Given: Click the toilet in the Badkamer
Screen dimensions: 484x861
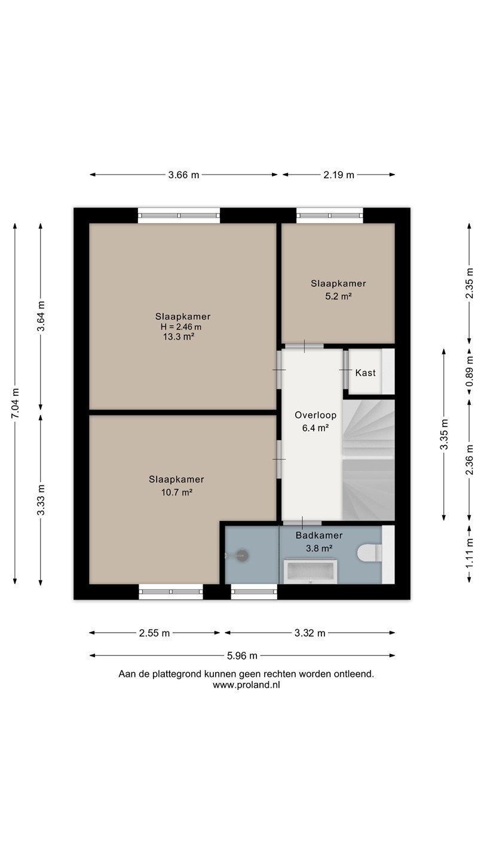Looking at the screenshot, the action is coord(369,553).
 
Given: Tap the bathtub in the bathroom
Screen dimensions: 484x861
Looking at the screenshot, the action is coord(310,572).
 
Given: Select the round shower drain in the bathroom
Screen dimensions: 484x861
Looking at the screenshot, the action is coord(242,555).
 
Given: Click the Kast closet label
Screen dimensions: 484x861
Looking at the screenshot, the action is coord(365,373).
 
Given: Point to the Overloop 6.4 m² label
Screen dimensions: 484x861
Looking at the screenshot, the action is coord(315,422).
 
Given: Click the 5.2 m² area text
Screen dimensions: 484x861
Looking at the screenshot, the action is coord(338,297).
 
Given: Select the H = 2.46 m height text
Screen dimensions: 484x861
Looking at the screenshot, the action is coord(181,326).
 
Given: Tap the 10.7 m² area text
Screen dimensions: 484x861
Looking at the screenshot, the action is coord(177,492).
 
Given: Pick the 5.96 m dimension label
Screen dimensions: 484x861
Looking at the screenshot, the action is coord(242,656).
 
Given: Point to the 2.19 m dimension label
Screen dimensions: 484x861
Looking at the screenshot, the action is coord(338,175).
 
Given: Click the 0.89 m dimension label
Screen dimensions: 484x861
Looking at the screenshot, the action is coord(469,372).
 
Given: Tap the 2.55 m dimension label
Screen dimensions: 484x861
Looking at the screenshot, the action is coord(154,633).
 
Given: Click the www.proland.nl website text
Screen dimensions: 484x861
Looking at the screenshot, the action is coord(246,685).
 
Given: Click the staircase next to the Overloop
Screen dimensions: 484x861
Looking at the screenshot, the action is coord(368,460).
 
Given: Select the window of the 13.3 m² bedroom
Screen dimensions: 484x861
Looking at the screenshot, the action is coord(179,215).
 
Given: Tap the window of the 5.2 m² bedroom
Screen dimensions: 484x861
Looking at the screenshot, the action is coord(330,215).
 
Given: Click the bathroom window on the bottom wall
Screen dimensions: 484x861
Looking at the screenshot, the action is coord(254,591).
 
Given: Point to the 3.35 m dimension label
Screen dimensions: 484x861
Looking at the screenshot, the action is coord(443,434).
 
